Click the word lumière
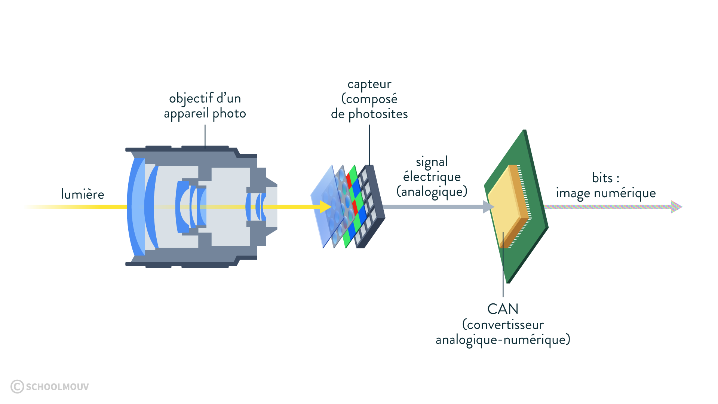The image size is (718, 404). point(83,194)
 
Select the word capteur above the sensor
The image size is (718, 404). point(369,85)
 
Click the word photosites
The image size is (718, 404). point(378,114)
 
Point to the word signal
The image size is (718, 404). point(432,162)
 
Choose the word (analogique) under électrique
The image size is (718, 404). point(432,192)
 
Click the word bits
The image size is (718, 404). point(602,178)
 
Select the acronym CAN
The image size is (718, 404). point(503,309)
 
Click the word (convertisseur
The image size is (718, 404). point(503,325)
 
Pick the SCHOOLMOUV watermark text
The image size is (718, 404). point(57,387)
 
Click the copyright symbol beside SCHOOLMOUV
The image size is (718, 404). point(17,386)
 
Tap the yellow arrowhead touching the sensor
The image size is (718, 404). point(326,206)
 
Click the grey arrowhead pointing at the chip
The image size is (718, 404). point(488,206)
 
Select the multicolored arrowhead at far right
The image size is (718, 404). point(676,206)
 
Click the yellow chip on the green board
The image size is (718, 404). point(508,206)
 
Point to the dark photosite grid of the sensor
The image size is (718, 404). point(369,206)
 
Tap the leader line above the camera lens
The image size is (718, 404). point(205,137)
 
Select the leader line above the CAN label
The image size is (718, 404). point(503,264)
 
